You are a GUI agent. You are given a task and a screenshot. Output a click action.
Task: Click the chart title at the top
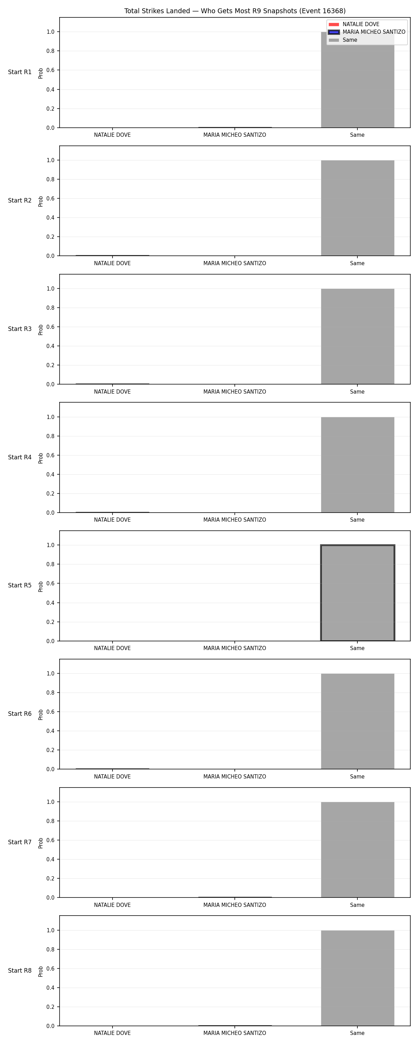[x=234, y=11]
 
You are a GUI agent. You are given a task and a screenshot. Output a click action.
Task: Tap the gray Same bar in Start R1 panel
[x=357, y=80]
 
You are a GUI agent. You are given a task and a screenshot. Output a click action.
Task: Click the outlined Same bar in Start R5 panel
[x=357, y=593]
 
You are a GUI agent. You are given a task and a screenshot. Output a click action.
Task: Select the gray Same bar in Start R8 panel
[x=357, y=978]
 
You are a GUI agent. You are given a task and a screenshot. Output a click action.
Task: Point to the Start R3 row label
[x=20, y=329]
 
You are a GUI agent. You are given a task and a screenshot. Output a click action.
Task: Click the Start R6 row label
[x=20, y=714]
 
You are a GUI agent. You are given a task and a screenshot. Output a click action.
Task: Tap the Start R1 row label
[x=20, y=72]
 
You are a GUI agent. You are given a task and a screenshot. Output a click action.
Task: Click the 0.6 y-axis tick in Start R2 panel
[x=50, y=199]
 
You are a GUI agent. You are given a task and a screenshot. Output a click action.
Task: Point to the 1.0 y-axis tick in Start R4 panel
[x=50, y=417]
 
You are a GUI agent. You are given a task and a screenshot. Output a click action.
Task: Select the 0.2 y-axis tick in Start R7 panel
[x=50, y=878]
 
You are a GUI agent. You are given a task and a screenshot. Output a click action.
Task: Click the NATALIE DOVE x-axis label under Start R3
[x=113, y=391]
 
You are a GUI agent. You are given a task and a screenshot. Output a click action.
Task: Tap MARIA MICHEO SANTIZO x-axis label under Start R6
[x=234, y=776]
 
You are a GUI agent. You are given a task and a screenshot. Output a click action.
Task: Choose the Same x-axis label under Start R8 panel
[x=357, y=1033]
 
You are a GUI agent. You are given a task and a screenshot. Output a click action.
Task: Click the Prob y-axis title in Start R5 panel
[x=41, y=586]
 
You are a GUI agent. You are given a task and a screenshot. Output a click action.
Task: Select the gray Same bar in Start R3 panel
[x=357, y=337]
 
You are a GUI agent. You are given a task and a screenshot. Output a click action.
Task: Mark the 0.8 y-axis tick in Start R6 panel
[x=50, y=693]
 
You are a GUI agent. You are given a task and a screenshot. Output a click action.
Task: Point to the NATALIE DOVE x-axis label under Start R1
[x=113, y=135]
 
